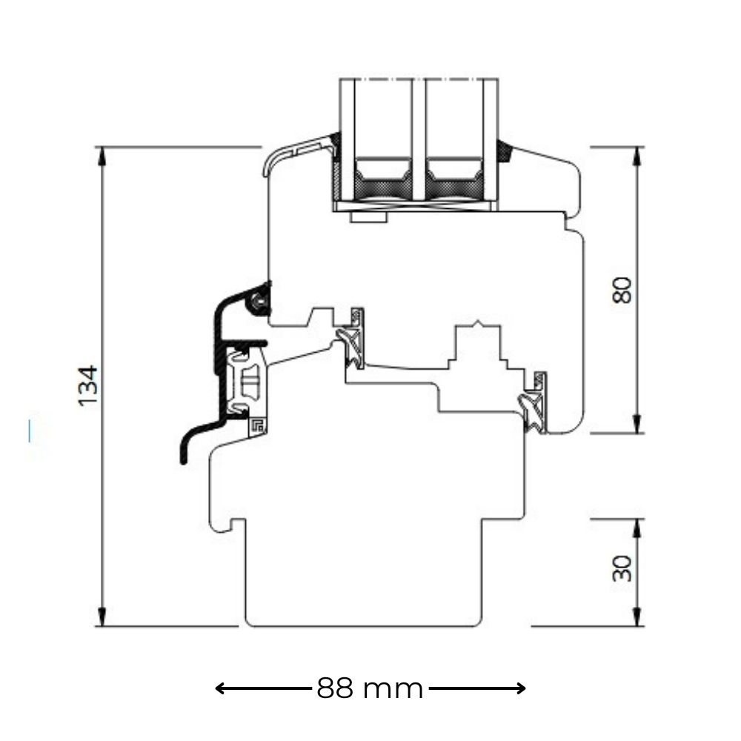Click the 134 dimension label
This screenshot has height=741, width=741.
88,385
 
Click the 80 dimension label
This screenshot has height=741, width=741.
622,290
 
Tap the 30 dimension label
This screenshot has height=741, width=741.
622,568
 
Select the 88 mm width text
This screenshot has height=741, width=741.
370,688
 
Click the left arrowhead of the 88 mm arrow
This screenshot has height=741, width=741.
220,688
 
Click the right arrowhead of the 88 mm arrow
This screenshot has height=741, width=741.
521,688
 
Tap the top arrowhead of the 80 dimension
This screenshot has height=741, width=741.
637,156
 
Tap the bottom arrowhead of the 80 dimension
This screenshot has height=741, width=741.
637,424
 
